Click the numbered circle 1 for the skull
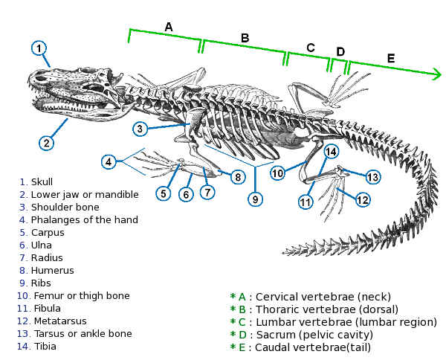[x=40, y=48]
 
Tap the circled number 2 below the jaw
[x=46, y=143]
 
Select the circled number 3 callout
[x=140, y=129]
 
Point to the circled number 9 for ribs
[x=255, y=199]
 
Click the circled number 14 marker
[x=331, y=151]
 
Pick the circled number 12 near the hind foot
[x=362, y=199]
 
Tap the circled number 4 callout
[x=109, y=161]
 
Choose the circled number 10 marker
[x=277, y=173]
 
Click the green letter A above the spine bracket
[x=169, y=27]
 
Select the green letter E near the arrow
[x=391, y=58]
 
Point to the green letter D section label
[x=340, y=51]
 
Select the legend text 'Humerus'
[x=52, y=271]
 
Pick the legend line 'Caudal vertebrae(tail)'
[x=313, y=347]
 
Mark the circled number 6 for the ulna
[x=187, y=194]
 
